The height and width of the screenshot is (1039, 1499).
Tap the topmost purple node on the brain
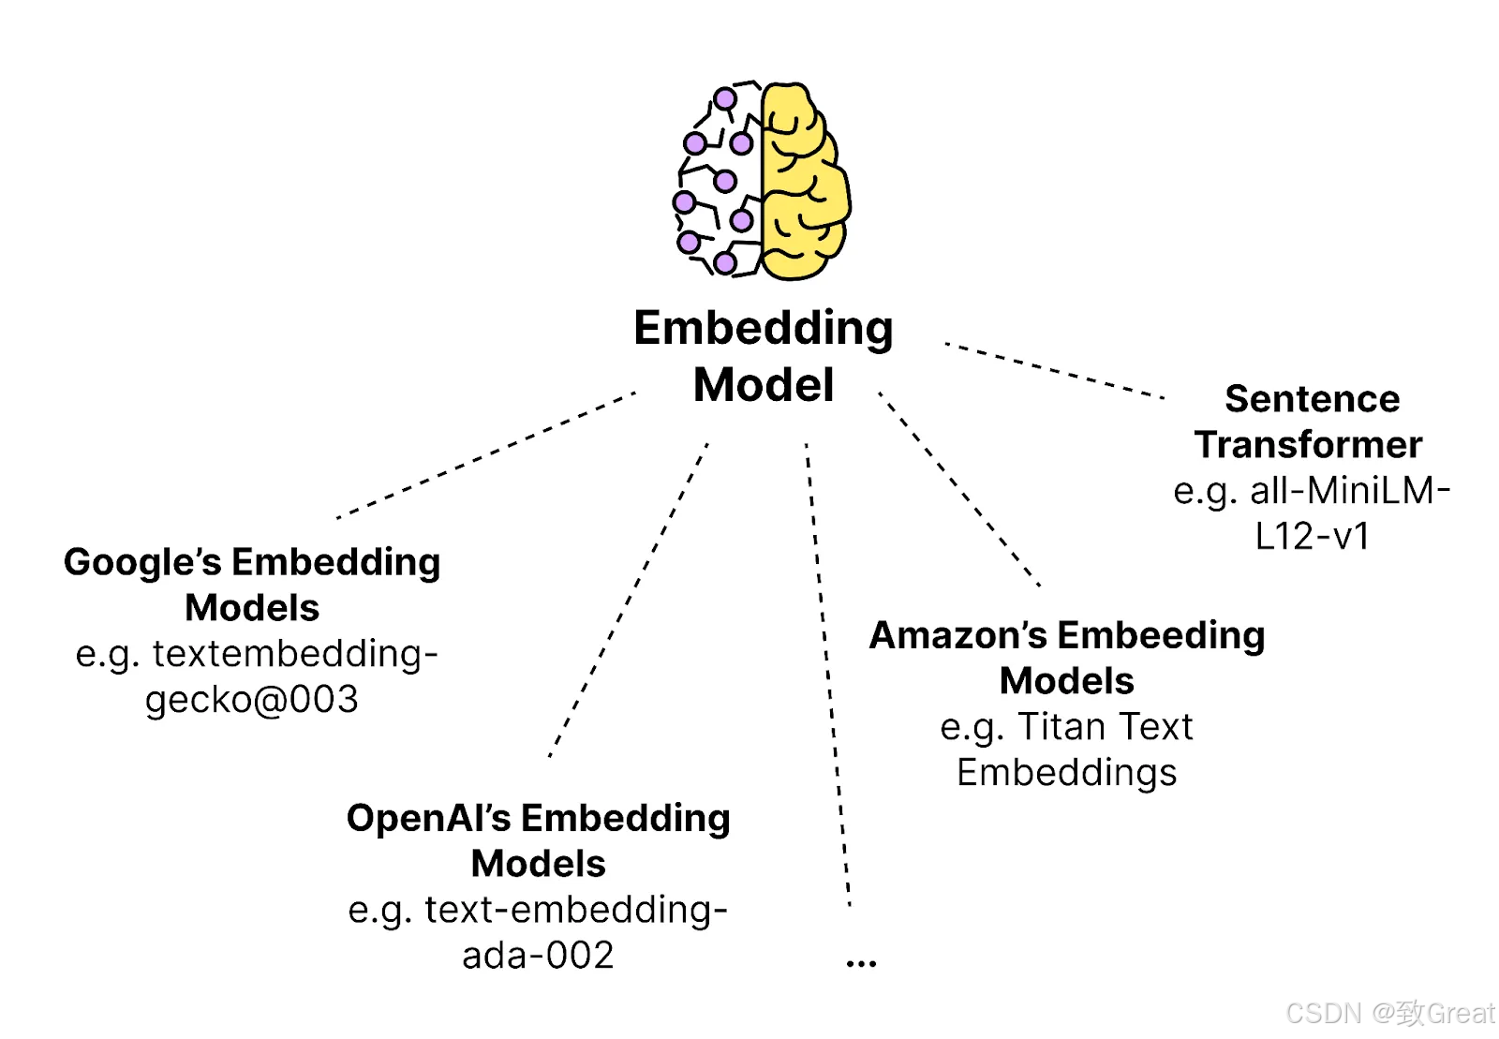click(x=725, y=99)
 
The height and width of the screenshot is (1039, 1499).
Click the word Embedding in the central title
click(x=764, y=328)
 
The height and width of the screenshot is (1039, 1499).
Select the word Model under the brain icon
click(x=764, y=385)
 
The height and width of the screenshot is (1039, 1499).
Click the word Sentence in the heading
click(x=1313, y=399)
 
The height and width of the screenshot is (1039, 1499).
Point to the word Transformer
click(x=1308, y=444)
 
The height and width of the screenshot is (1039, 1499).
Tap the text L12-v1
click(x=1313, y=536)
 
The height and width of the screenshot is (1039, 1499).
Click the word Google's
click(x=142, y=562)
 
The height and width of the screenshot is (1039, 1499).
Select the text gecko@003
click(x=252, y=700)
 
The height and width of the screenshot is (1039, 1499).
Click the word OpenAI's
click(x=429, y=818)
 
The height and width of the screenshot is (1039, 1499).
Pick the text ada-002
click(x=538, y=955)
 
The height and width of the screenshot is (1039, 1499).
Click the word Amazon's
click(x=958, y=635)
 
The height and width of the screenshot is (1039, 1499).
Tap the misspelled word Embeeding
click(x=1162, y=635)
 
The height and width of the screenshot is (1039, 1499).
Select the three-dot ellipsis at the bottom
click(x=861, y=963)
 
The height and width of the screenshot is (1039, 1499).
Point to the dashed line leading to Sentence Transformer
click(x=1055, y=371)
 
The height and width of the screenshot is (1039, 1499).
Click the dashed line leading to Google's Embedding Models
click(x=486, y=455)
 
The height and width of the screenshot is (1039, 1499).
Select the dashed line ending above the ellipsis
click(x=828, y=675)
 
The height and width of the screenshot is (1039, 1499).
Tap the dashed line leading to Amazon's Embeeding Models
click(x=959, y=489)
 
